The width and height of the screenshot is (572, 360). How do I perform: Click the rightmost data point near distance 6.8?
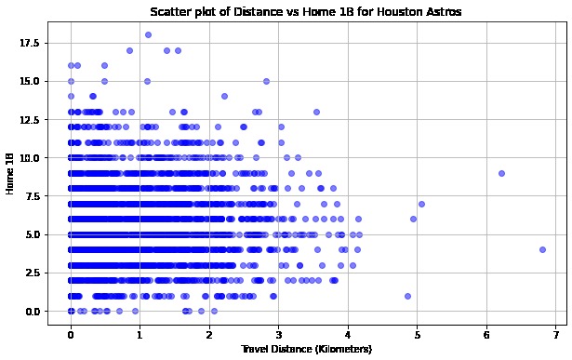pos(542,249)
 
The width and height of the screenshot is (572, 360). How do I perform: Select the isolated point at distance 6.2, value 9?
pos(501,173)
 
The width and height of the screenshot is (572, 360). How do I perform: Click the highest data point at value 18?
pos(148,34)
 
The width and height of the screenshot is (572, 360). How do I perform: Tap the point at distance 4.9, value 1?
pos(407,296)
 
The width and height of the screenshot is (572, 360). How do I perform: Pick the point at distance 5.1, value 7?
pos(421,204)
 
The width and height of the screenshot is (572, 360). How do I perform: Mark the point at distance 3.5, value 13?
pos(316,112)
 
